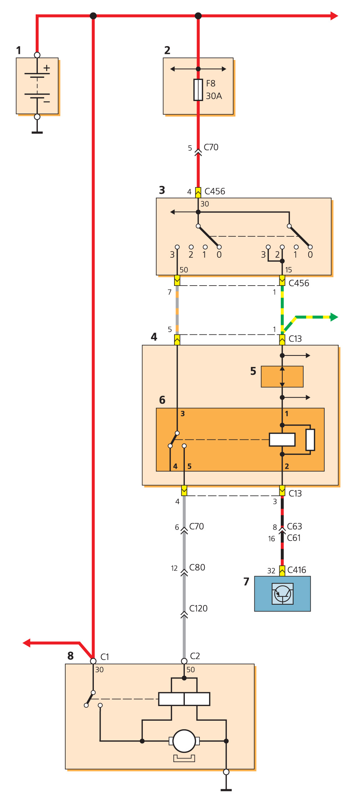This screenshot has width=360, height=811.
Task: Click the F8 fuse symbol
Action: tap(198, 90)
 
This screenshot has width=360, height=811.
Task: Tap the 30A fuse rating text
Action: tap(214, 96)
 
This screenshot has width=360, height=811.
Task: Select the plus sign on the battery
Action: tap(47, 68)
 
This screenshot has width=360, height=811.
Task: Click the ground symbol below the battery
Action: tap(37, 132)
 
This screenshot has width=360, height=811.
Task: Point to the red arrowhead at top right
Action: tap(334, 16)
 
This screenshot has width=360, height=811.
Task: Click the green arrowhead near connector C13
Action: tap(334, 317)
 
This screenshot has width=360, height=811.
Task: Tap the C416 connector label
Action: tap(296, 570)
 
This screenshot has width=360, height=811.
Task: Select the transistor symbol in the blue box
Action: tap(283, 594)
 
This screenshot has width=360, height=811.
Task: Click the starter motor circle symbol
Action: tap(184, 741)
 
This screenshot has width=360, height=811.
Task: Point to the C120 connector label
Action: tap(198, 609)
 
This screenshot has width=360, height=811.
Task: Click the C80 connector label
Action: tap(197, 568)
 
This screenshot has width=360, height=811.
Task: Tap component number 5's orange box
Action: tap(282, 377)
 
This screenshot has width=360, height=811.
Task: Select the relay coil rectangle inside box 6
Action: tap(282, 439)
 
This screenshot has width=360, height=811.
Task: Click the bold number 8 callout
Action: tap(71, 656)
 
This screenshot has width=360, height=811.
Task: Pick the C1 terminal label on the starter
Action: tap(105, 657)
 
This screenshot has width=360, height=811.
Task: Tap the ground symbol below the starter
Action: tap(226, 789)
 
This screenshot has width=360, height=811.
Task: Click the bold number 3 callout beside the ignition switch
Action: tap(162, 190)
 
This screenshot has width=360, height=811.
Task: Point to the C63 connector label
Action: tap(294, 527)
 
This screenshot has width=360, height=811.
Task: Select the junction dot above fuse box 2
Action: tap(198, 16)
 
